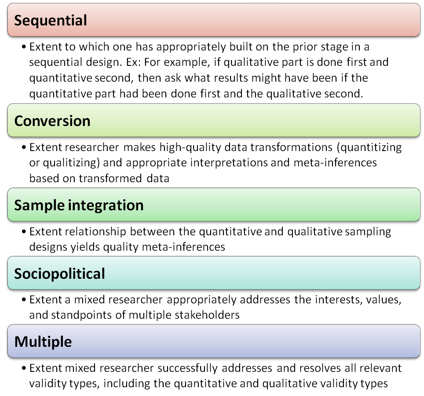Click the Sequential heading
pos(51,21)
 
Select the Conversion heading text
pos(52,121)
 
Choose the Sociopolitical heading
pos(59,274)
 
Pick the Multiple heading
pos(43,342)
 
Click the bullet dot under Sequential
pos(24,47)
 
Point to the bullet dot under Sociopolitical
pos(24,299)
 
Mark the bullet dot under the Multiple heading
pos(24,368)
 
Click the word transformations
pos(292,148)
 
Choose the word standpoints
pos(81,316)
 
